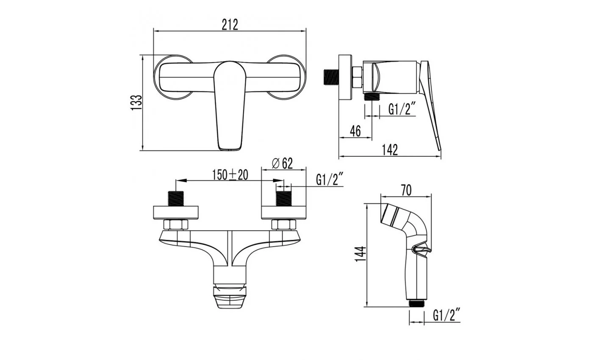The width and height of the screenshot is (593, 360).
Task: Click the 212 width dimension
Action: click(230, 25)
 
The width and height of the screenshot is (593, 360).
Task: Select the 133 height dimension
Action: click(136, 102)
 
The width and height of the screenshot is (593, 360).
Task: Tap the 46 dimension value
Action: click(355, 131)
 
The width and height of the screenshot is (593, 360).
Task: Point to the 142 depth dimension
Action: click(390, 150)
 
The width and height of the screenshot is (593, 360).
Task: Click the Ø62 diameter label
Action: click(282, 163)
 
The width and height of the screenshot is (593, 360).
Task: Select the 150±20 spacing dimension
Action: click(230, 174)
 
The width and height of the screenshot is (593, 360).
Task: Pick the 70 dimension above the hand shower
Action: click(406, 190)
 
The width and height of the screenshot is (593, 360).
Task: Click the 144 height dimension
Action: click(360, 254)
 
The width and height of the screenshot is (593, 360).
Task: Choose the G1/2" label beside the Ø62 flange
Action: click(330, 180)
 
